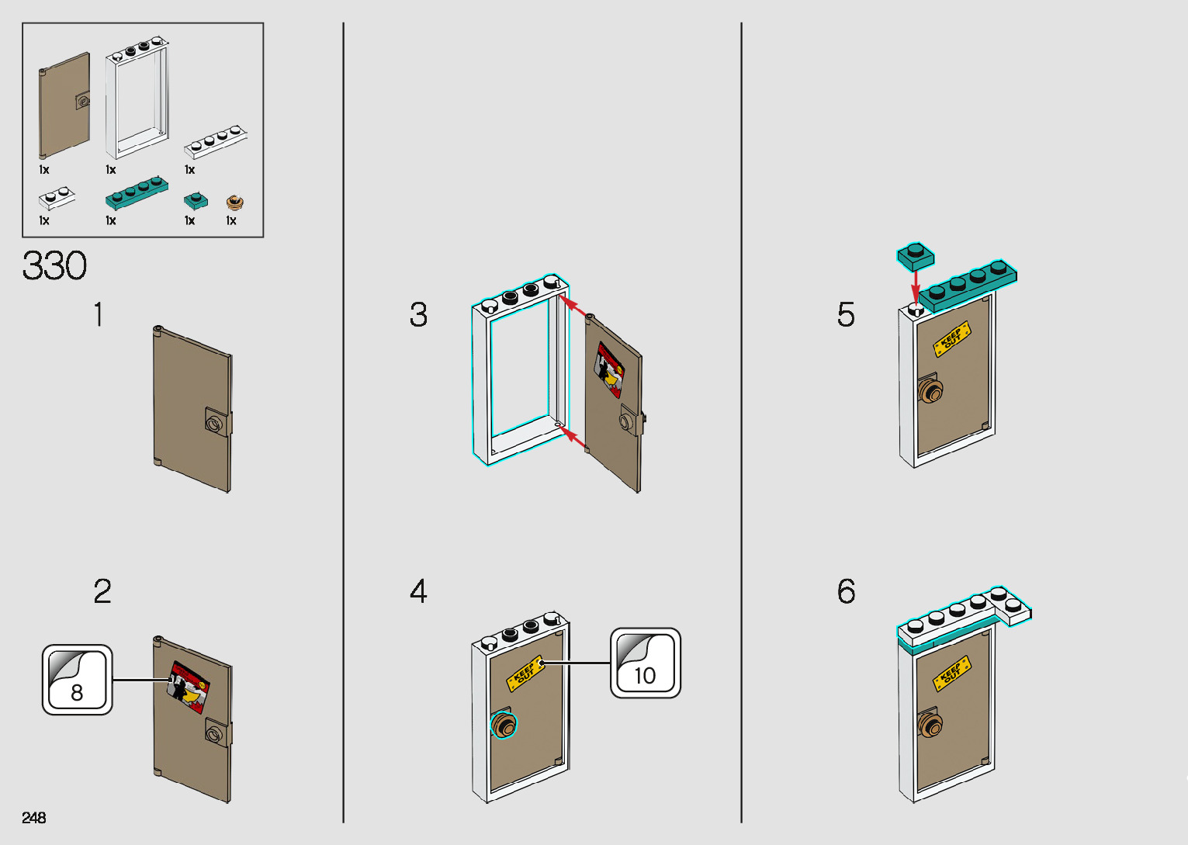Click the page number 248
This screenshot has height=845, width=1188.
(x=34, y=817)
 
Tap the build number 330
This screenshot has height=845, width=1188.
(x=54, y=266)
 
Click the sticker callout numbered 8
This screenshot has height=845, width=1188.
(x=77, y=680)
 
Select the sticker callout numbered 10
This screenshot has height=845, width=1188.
(x=645, y=663)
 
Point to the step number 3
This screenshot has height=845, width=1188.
(x=418, y=315)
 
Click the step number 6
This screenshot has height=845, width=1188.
(x=846, y=591)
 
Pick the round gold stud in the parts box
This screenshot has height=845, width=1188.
(x=234, y=203)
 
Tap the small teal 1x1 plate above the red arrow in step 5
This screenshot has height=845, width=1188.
(x=916, y=256)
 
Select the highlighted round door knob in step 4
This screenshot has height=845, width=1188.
(x=504, y=726)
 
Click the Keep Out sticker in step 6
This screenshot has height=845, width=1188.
(x=952, y=674)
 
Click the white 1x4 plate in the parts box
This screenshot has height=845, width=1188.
(x=216, y=141)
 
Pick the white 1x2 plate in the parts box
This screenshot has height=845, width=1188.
(x=57, y=198)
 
